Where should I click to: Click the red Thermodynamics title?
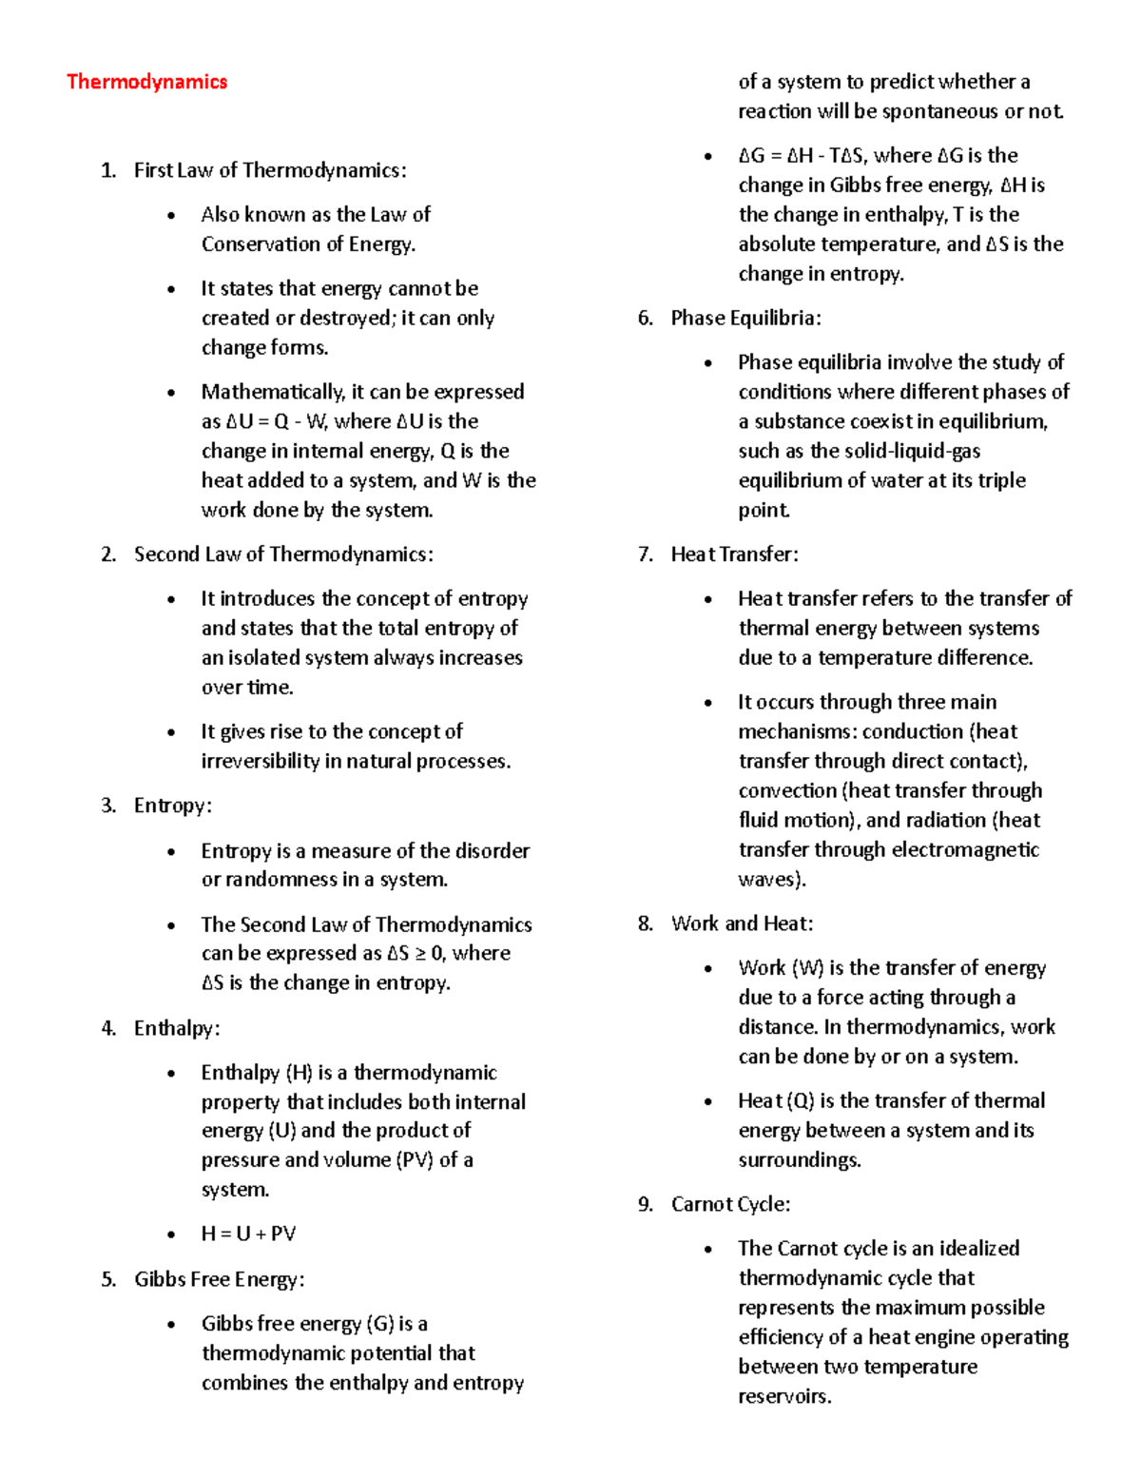146,82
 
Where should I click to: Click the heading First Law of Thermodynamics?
270,170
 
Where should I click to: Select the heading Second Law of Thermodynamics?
283,554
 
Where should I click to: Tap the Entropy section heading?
172,806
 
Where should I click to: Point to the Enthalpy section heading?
177,1028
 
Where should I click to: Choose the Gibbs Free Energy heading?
219,1279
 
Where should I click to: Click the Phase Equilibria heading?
745,318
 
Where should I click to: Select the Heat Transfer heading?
734,554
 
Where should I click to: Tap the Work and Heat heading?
742,923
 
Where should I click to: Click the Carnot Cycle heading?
730,1204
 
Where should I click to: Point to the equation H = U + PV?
248,1234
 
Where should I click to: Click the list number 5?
107,1279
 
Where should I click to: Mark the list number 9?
645,1204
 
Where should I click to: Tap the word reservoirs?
783,1396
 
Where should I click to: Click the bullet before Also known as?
171,215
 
